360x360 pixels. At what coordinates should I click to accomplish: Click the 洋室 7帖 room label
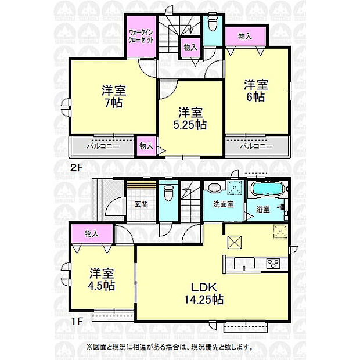tap(114, 96)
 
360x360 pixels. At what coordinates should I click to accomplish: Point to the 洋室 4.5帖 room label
tap(102, 279)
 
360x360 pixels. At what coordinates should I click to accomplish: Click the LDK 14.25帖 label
tap(201, 293)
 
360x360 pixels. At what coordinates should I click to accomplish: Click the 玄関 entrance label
tap(140, 204)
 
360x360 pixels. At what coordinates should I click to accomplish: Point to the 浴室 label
tap(262, 209)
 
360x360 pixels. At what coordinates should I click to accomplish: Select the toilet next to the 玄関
tap(169, 194)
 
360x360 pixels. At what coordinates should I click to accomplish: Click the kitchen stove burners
tap(273, 264)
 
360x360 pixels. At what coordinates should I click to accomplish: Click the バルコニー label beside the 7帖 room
tap(104, 146)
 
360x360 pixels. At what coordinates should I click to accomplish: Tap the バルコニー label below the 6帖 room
tap(256, 146)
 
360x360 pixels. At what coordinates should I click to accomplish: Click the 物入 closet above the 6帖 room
tap(244, 36)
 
